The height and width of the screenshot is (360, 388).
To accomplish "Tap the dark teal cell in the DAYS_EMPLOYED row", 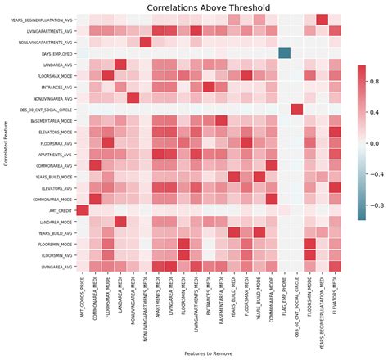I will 284,53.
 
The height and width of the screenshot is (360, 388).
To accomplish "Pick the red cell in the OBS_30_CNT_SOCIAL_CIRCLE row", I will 296,109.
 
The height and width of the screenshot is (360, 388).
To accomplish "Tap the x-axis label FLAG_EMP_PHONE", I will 284,299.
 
